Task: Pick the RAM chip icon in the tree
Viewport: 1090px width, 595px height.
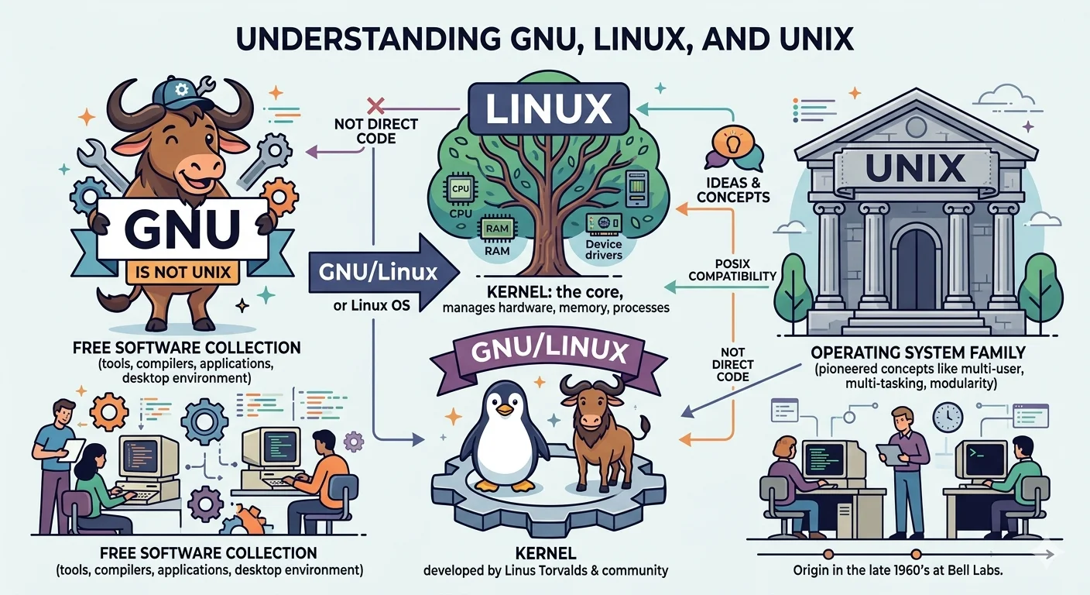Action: [493, 229]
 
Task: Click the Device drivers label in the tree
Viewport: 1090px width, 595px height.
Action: [605, 249]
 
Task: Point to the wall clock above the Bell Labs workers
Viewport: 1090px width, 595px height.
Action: [947, 417]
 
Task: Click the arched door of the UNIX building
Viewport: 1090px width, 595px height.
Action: [917, 268]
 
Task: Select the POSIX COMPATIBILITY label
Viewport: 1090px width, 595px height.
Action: [732, 270]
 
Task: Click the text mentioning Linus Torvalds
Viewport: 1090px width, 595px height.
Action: [545, 572]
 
